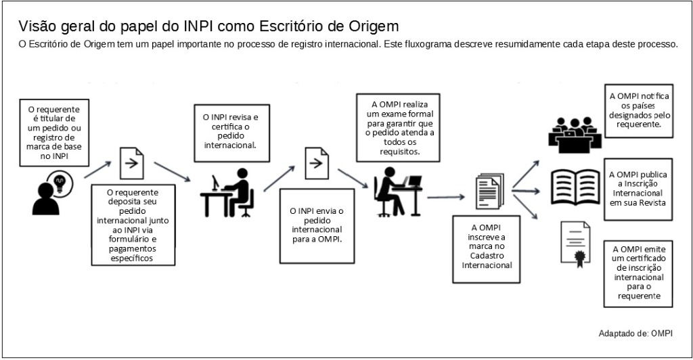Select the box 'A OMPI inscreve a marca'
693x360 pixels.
point(486,246)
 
